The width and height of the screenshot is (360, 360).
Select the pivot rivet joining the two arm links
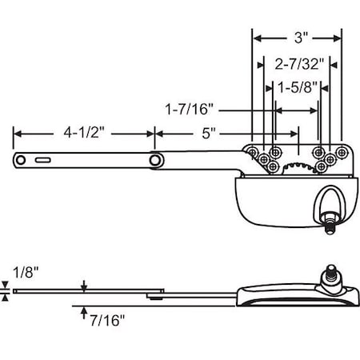click(154, 162)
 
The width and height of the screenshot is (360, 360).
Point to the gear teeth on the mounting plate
click(294, 166)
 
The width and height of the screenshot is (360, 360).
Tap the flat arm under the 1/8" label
click(80, 291)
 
